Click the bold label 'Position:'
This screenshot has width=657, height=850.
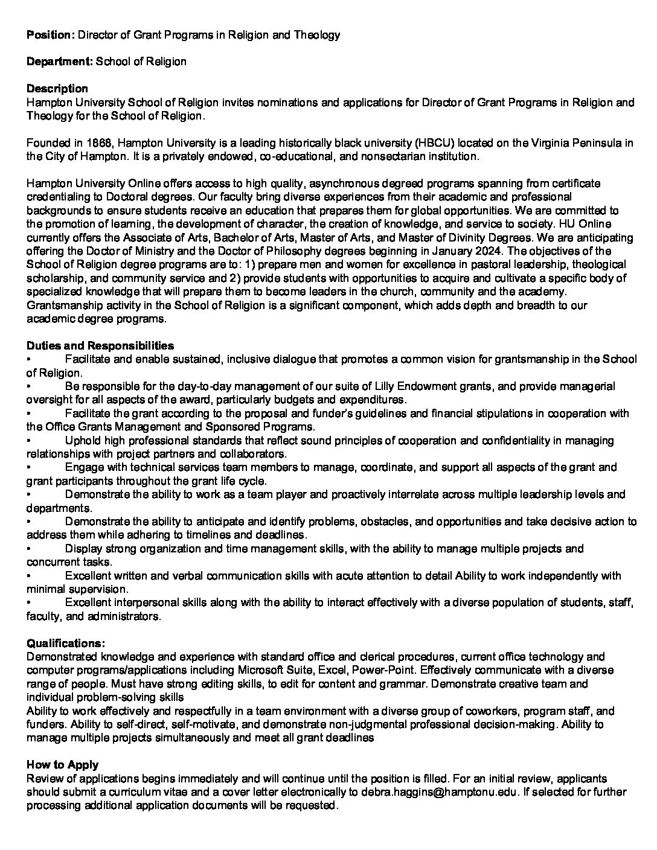click(51, 35)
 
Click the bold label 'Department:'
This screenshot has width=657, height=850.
click(60, 62)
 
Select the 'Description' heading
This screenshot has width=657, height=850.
click(57, 89)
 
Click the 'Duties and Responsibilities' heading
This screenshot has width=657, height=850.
click(100, 346)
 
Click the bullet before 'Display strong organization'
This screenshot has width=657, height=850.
click(29, 549)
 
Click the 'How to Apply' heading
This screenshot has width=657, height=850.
click(63, 765)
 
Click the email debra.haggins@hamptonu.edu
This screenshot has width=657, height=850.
click(440, 792)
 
